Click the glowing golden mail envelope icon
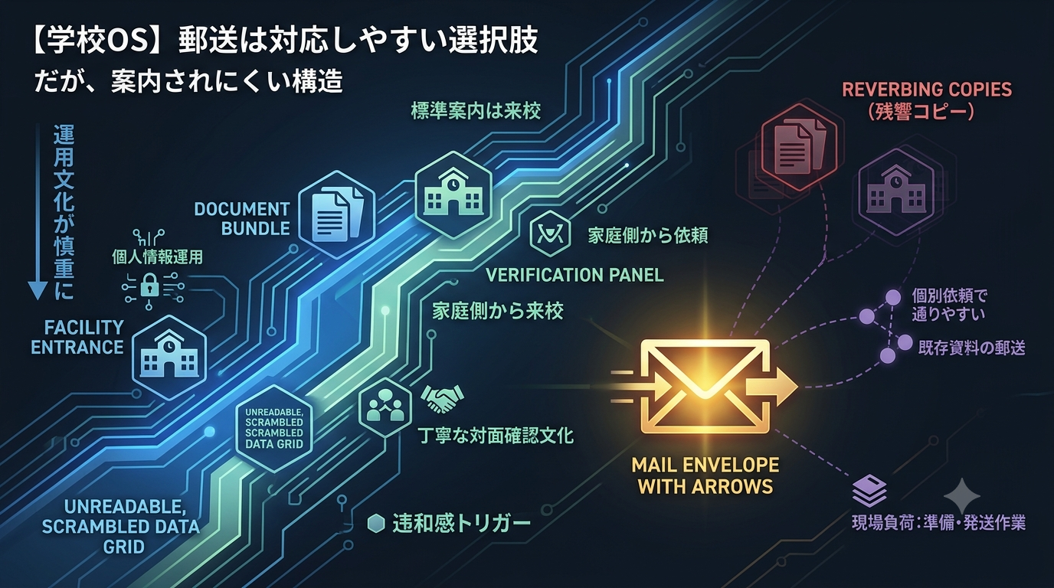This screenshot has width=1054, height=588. click(705, 386)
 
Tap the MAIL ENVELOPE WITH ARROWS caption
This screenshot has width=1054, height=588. click(705, 475)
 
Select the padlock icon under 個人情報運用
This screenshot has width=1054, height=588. click(149, 285)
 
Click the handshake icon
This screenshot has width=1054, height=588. click(441, 398)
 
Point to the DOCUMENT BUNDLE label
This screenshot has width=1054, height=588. click(242, 219)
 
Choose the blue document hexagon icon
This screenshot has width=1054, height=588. click(337, 214)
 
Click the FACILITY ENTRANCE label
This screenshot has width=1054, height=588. click(77, 338)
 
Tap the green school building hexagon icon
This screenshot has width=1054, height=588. click(453, 194)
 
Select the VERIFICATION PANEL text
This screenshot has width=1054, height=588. click(574, 275)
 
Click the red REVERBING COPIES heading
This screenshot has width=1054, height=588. click(927, 90)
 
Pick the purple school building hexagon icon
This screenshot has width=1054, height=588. click(896, 193)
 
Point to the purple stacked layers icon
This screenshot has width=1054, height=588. click(869, 491)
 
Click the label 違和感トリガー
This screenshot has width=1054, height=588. click(462, 523)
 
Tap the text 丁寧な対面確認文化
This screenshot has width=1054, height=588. click(496, 436)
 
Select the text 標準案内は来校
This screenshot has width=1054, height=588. click(476, 111)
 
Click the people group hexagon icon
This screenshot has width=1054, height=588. click(385, 407)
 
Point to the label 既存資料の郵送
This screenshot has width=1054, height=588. click(971, 348)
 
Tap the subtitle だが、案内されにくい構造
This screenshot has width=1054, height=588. click(188, 80)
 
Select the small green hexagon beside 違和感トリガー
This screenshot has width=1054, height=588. click(376, 523)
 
